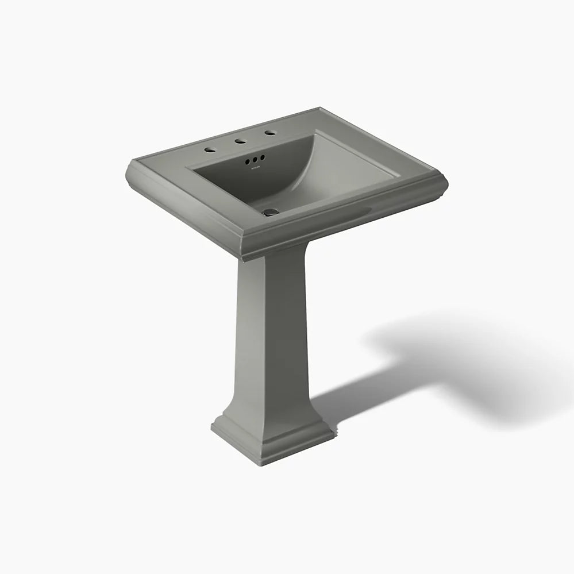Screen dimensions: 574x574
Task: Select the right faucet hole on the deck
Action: click(x=267, y=133)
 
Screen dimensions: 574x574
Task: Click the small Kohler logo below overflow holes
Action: click(x=255, y=167)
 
